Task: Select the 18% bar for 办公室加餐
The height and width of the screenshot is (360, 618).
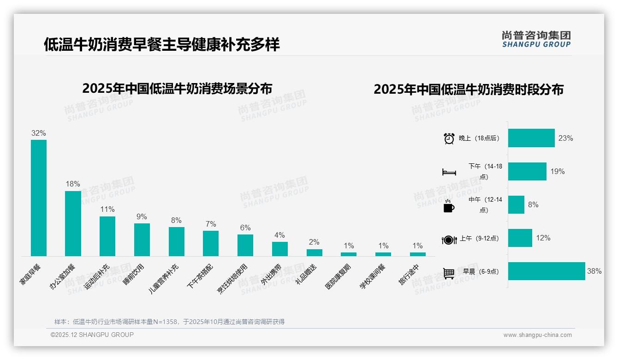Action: point(73,223)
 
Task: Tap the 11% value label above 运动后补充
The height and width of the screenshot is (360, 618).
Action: point(107,209)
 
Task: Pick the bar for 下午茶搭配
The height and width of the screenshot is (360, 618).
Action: point(211,243)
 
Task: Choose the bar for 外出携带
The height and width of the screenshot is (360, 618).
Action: point(280,249)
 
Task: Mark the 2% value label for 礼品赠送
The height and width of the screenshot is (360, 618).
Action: point(314,242)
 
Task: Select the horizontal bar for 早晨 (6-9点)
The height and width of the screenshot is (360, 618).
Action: point(547,271)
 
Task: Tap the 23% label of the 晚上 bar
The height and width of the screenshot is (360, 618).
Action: point(565,138)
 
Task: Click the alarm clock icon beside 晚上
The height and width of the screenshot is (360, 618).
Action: point(449,138)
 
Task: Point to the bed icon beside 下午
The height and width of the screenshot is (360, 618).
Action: point(449,172)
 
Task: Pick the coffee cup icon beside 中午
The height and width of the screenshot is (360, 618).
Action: point(449,206)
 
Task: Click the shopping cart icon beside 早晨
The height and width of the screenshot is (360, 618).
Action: point(449,273)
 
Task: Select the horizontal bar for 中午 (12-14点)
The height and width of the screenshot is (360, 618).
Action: point(516,205)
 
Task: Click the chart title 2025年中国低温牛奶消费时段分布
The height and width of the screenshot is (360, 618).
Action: point(469,89)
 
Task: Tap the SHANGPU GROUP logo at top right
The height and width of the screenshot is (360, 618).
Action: point(536,39)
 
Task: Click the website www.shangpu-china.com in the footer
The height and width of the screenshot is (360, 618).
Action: point(537,335)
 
